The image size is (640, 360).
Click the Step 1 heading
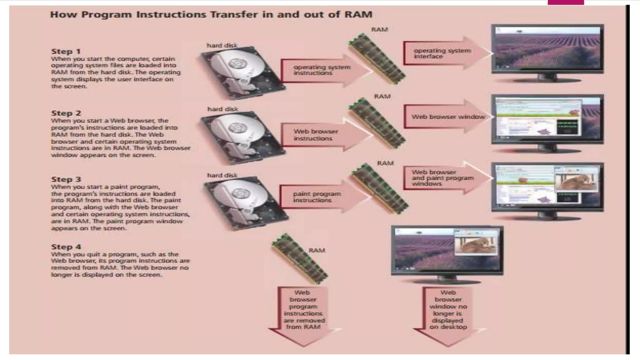66,52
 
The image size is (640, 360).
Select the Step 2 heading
66,113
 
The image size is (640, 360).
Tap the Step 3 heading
66,179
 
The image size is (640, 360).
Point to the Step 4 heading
66,247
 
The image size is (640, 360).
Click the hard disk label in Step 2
222,109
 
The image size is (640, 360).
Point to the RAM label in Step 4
317,250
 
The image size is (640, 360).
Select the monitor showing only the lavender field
547,50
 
